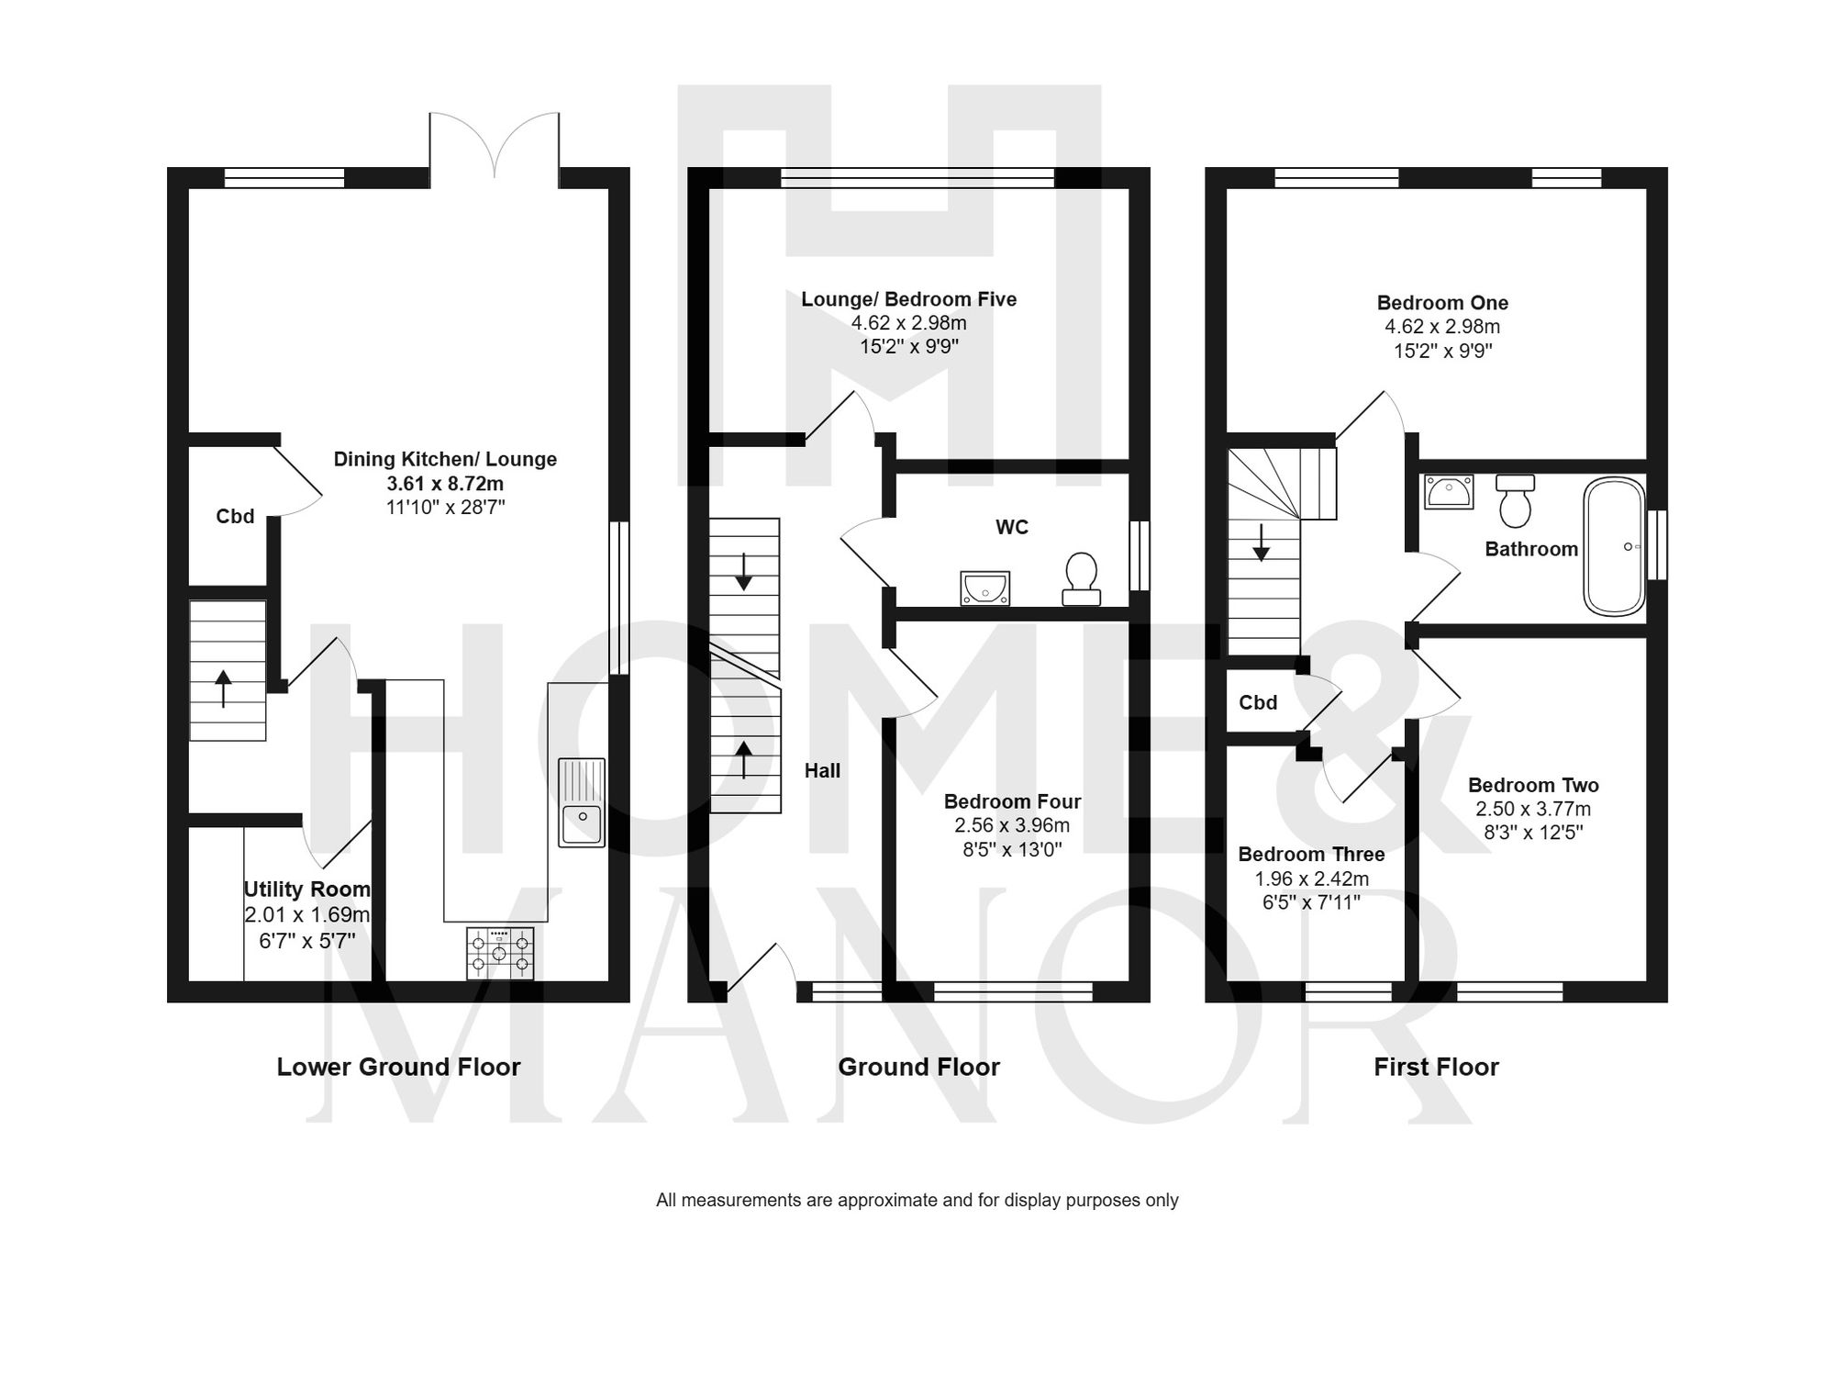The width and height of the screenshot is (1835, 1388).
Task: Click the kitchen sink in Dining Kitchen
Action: [582, 802]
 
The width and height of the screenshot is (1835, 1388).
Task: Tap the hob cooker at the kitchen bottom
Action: [499, 953]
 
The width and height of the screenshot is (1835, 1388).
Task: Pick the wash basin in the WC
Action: [985, 588]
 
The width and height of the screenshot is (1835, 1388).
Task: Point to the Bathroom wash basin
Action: [1449, 491]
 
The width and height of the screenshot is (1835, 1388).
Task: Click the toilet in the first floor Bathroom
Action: [1515, 500]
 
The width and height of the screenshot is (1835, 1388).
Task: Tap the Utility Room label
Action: [306, 890]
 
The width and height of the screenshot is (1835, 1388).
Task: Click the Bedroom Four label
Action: [1012, 801]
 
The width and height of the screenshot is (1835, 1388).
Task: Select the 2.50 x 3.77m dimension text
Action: [1533, 809]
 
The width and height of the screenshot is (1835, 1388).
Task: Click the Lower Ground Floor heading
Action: [398, 1067]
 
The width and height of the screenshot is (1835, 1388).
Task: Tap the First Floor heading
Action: [1436, 1067]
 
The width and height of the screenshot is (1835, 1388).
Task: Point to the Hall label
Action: [822, 771]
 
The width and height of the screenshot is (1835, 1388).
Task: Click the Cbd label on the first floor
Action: [1258, 702]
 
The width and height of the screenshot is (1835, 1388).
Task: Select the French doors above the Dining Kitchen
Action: [495, 147]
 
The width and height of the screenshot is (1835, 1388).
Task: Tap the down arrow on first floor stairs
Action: [1262, 543]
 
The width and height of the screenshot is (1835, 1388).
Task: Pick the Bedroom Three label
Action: [1311, 855]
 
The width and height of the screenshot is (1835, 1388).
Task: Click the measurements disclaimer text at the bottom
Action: [917, 1200]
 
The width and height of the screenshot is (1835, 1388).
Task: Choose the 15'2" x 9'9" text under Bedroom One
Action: [1442, 351]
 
